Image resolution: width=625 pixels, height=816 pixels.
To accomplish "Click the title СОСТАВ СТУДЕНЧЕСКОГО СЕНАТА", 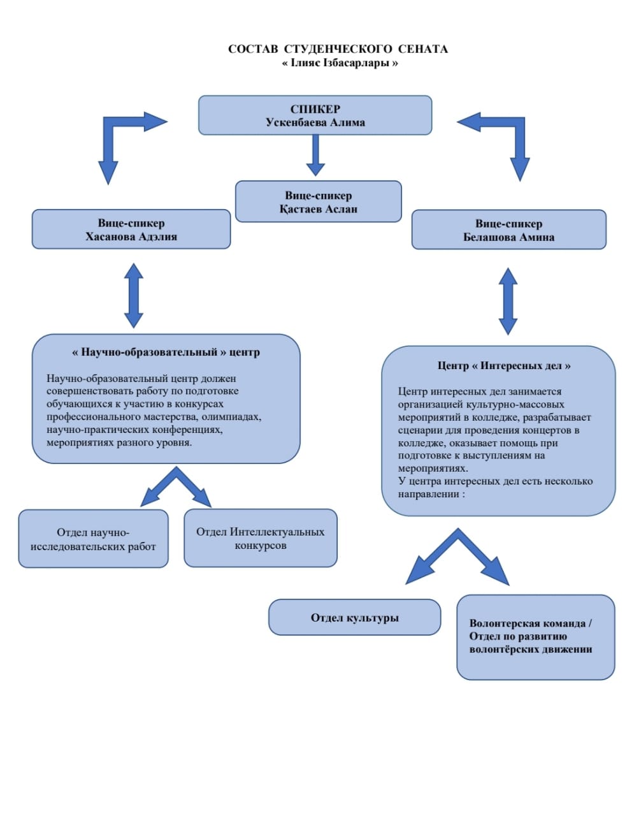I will [x=338, y=49].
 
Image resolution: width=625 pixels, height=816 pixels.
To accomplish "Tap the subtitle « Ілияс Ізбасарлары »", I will [x=340, y=63].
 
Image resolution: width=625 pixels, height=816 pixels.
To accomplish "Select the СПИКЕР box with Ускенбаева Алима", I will [x=315, y=115].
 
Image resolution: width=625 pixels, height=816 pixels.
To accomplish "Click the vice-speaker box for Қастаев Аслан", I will [x=318, y=201].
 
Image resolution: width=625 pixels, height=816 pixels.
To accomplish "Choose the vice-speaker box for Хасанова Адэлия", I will [x=131, y=229].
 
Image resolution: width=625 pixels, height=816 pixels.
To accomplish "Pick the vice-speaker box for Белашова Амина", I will [x=508, y=230].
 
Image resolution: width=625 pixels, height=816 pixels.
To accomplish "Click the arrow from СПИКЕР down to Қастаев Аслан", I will [x=315, y=155].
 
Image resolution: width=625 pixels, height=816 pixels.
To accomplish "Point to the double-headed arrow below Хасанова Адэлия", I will [x=133, y=295].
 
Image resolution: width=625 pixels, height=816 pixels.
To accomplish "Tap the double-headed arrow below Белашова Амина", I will [x=508, y=300].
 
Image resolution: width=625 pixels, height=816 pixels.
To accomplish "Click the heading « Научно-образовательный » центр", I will [x=166, y=352].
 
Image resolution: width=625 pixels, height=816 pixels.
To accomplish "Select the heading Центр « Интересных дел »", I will [x=503, y=366].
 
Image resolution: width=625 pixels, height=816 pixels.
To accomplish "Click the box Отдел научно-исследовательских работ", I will [x=93, y=539].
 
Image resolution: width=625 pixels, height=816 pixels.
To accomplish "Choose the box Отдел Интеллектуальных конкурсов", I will [x=260, y=538].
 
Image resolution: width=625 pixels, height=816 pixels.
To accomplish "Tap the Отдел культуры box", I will [x=354, y=617].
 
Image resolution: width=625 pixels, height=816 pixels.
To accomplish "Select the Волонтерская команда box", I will [x=535, y=636].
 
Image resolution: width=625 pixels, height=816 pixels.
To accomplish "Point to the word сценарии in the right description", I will [x=419, y=430].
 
